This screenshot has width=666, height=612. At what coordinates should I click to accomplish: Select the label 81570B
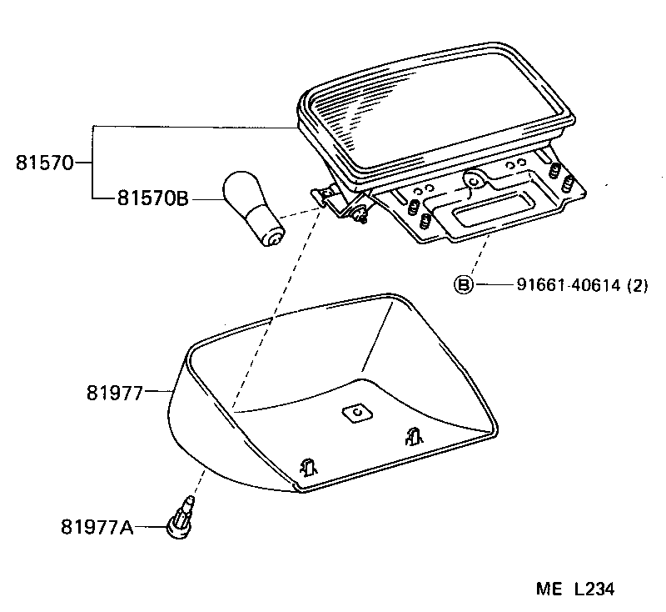click(x=152, y=198)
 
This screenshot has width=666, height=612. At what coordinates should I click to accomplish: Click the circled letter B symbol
click(x=462, y=285)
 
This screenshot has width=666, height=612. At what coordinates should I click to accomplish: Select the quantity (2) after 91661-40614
click(x=637, y=285)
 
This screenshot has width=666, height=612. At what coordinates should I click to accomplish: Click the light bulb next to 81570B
click(x=247, y=205)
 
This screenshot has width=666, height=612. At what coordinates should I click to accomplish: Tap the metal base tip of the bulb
click(x=271, y=239)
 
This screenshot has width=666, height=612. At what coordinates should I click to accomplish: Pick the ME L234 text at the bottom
click(x=574, y=589)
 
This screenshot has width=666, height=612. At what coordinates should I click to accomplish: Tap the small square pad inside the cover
click(x=356, y=414)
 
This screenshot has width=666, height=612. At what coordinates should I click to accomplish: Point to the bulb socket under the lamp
click(x=358, y=213)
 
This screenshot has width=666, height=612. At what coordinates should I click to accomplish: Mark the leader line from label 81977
click(x=158, y=391)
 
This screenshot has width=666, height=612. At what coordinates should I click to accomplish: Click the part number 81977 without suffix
click(x=114, y=391)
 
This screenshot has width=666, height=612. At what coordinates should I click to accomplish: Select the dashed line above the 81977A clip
click(x=197, y=484)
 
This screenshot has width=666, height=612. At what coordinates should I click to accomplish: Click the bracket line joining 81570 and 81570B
click(x=91, y=163)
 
